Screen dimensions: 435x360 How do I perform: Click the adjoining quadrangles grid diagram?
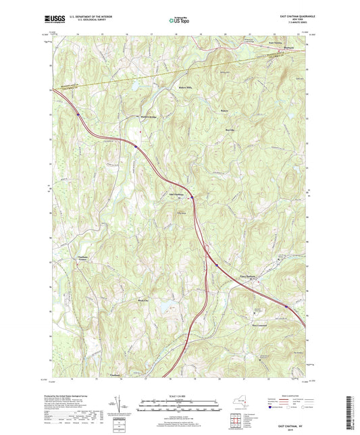click(x=234, y=423)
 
